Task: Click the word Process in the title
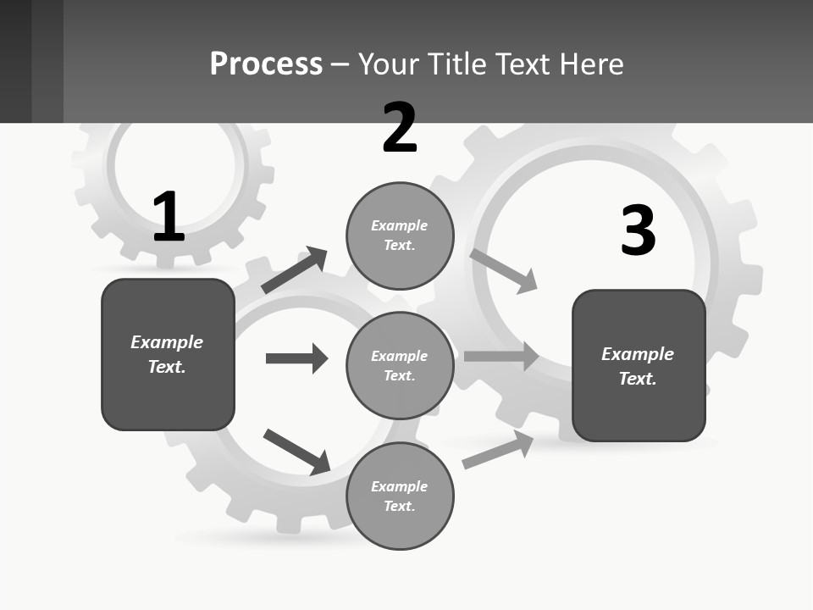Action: [266, 64]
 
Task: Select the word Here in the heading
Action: [588, 64]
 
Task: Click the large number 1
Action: [169, 217]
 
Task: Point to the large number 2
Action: [400, 128]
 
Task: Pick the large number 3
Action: [638, 230]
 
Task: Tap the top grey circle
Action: [400, 236]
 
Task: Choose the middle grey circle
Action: [400, 365]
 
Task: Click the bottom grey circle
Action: [400, 496]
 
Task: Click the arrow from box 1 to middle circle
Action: [296, 358]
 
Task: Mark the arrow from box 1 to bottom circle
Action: [296, 452]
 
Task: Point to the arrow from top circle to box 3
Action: [503, 270]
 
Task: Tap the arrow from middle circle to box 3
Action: [501, 357]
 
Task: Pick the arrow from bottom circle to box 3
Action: [498, 450]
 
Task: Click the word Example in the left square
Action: [167, 342]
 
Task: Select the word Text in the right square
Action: [637, 379]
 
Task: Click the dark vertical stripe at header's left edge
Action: [16, 61]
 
